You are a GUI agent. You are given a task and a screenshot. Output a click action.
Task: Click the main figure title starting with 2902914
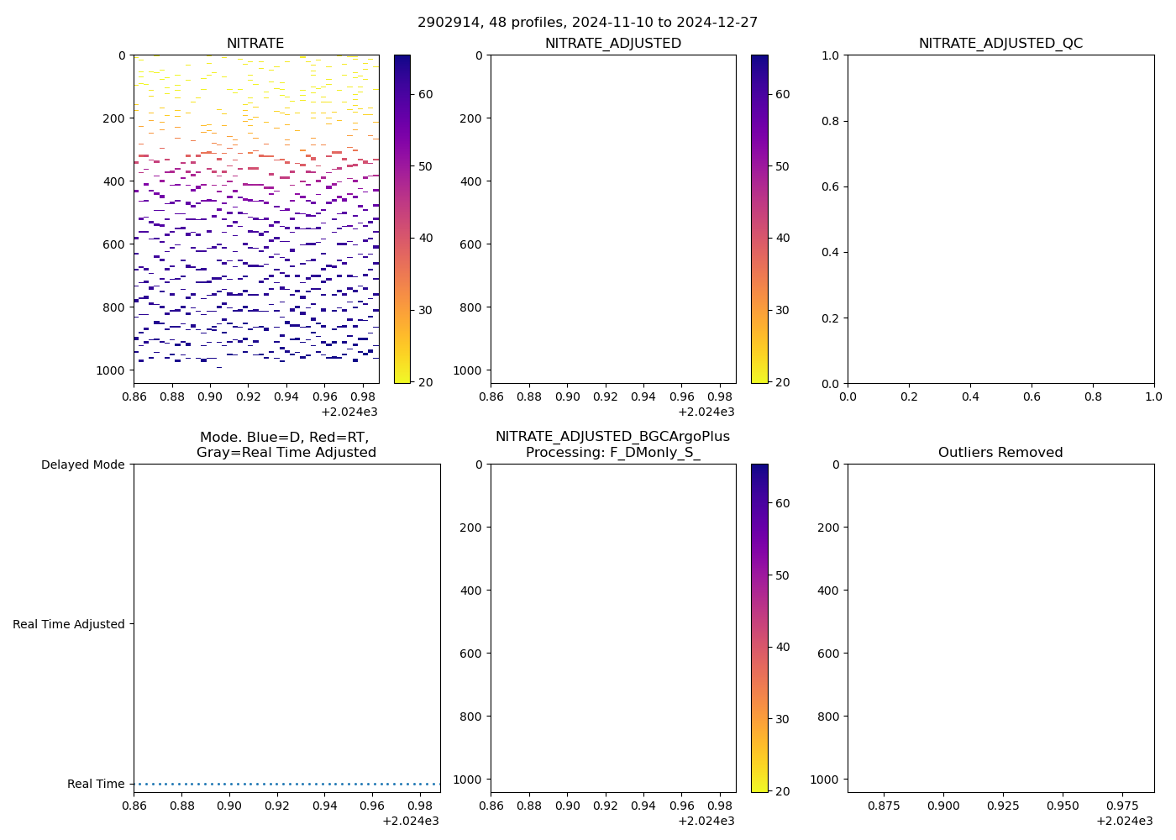[587, 23]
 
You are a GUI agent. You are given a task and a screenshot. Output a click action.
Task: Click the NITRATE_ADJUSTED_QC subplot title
[1000, 44]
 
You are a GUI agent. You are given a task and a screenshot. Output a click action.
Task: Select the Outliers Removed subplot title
[1000, 453]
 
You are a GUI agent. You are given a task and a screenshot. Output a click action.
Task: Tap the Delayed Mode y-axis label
[82, 465]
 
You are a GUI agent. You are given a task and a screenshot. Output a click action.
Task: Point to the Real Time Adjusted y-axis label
[69, 624]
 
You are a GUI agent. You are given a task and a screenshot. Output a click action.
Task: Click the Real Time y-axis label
[96, 784]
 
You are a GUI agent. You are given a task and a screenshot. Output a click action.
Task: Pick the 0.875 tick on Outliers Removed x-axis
[884, 806]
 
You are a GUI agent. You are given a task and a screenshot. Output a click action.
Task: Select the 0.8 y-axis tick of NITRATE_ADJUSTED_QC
[831, 121]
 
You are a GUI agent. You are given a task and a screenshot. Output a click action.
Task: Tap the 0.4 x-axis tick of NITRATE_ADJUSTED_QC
[970, 396]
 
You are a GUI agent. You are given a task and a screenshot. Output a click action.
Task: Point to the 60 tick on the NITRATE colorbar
[426, 94]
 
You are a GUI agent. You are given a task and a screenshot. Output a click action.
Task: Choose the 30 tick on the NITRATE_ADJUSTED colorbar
[783, 310]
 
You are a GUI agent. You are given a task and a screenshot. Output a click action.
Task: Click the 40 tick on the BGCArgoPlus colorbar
[783, 647]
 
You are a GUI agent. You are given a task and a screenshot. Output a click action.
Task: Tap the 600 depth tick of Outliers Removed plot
[828, 654]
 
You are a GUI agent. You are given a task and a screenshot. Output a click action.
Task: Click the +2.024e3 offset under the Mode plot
[411, 821]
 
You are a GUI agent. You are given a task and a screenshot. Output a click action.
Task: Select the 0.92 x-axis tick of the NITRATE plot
[248, 396]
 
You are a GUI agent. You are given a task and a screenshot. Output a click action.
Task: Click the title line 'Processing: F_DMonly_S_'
[612, 453]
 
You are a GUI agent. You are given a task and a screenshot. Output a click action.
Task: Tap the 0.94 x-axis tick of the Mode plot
[325, 806]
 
